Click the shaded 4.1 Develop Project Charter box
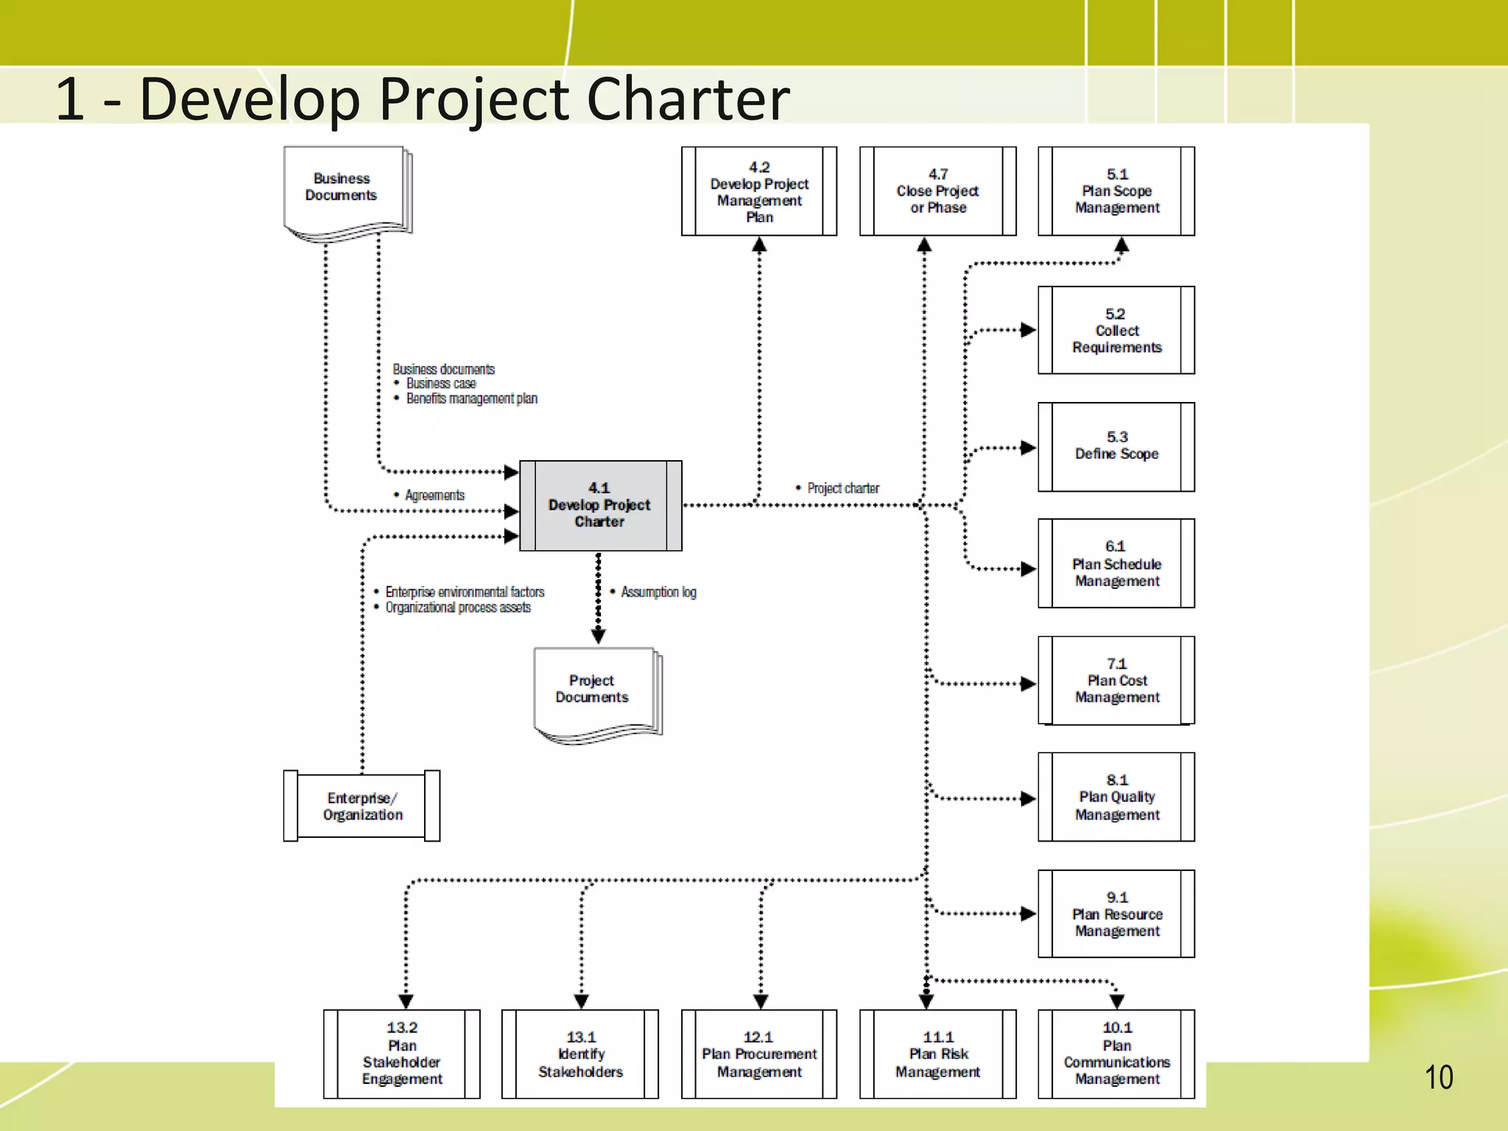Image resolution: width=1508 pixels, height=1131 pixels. coord(600,505)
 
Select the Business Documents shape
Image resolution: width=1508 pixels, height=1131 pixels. coord(342,188)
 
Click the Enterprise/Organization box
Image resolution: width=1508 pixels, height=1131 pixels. coord(362,806)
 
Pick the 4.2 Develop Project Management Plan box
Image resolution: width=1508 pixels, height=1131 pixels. coord(759,191)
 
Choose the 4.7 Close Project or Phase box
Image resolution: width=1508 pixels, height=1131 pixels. coord(937,191)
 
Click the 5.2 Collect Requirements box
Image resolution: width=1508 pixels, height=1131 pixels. coord(1116,331)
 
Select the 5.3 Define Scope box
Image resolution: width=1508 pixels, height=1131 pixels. coord(1116,446)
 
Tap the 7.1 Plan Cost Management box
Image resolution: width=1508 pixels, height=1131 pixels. coord(1116,680)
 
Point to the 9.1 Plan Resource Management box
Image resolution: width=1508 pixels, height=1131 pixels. coord(1116,914)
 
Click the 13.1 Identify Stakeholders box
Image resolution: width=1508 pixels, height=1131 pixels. coord(580,1054)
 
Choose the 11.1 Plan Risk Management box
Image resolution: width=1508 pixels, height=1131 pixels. coord(937,1054)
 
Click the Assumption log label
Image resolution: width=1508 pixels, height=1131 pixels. coord(658,592)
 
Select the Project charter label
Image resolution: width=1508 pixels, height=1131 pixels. coord(842,488)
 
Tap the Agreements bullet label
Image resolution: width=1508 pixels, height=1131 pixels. coord(434,496)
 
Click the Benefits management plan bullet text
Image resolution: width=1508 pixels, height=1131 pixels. coord(471,398)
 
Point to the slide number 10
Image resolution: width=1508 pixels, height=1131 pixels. coord(1438,1077)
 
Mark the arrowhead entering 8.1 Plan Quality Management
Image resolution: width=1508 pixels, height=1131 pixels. coord(1028,799)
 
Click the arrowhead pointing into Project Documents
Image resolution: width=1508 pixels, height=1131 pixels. coord(599,637)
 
